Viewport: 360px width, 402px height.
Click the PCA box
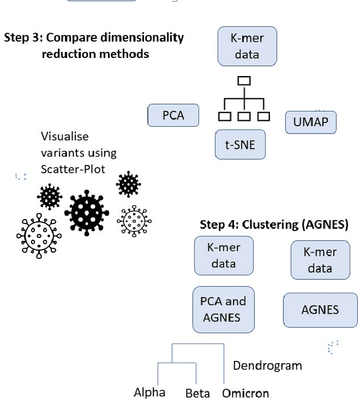(174, 115)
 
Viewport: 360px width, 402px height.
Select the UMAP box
(310, 122)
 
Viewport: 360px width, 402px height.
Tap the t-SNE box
(240, 145)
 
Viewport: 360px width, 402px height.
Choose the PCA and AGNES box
(223, 309)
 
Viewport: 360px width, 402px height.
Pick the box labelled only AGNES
(320, 310)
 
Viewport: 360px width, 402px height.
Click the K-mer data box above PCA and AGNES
(223, 256)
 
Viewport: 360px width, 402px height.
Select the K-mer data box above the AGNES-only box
(319, 260)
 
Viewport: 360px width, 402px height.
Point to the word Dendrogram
(267, 365)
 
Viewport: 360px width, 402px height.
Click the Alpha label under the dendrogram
(149, 392)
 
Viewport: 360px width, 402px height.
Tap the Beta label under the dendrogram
(197, 393)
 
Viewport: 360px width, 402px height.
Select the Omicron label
(245, 393)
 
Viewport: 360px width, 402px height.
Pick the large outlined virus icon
(39, 236)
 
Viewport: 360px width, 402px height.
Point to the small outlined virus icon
(134, 220)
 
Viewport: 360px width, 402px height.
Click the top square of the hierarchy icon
(244, 81)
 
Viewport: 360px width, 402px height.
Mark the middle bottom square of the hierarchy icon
(244, 117)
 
